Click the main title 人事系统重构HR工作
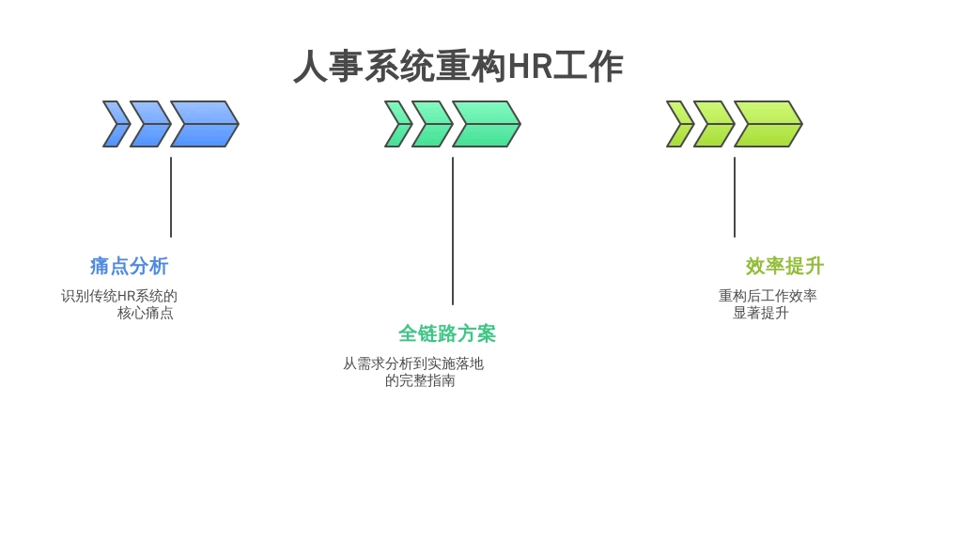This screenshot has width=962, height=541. [458, 67]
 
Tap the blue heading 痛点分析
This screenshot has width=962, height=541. [129, 266]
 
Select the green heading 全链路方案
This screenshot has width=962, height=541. [446, 333]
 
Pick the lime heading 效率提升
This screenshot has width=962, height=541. [784, 266]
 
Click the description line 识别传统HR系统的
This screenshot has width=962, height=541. [119, 296]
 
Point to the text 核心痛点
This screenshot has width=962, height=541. [146, 313]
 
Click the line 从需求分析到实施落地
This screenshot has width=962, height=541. [413, 363]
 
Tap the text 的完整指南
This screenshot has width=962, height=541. [420, 381]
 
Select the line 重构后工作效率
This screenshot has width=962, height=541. [768, 296]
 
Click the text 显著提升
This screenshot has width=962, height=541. [761, 313]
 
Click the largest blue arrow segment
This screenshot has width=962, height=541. [205, 124]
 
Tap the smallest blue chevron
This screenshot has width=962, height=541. [116, 124]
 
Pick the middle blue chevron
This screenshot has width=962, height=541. [151, 124]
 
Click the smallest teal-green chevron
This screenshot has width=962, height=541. [398, 124]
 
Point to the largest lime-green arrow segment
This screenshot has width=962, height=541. [768, 124]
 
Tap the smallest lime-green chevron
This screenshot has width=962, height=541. [680, 124]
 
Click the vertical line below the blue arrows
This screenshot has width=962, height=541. [171, 197]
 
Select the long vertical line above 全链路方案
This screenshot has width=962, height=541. [453, 231]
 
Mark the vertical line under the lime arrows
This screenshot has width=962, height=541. [735, 197]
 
